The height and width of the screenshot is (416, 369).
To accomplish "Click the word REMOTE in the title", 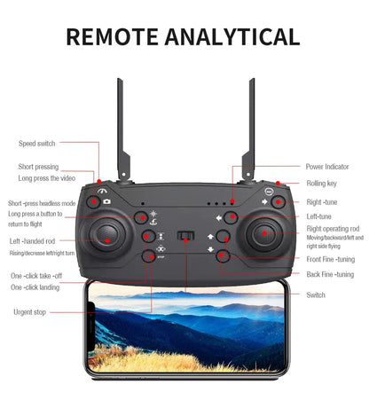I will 114,36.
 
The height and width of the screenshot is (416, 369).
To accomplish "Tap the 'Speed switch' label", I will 36,143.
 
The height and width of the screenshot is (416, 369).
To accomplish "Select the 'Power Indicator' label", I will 327,166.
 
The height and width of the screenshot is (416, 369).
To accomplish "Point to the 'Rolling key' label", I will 321,184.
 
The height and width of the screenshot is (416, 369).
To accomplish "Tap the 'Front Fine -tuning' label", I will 330,259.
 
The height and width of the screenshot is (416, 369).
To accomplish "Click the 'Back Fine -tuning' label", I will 330,275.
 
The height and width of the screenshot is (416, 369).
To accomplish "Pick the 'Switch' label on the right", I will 316,294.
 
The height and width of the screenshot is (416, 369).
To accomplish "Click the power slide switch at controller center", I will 185,237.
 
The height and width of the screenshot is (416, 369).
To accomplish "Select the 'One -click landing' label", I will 35,287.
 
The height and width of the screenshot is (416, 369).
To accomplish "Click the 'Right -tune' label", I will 321,202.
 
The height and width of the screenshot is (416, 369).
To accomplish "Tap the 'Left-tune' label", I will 318,216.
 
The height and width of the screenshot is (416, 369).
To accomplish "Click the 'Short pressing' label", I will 38,166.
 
